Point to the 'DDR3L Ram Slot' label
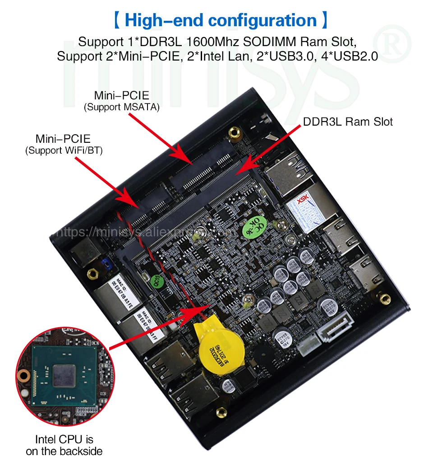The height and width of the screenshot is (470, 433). (348, 122)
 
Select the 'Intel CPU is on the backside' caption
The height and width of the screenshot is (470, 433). (64, 445)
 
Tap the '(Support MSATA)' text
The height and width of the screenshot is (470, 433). (121, 108)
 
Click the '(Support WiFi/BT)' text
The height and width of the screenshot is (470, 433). (64, 150)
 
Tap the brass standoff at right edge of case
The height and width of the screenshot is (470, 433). (385, 299)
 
